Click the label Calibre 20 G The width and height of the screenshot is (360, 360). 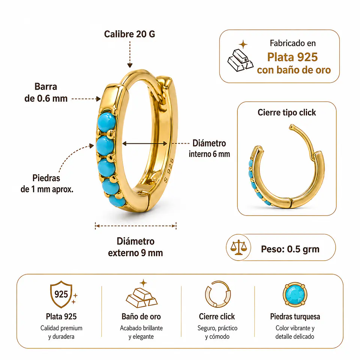(x=129, y=34)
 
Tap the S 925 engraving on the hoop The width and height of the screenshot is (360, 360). (x=169, y=170)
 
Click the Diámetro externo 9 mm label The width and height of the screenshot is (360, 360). (x=135, y=247)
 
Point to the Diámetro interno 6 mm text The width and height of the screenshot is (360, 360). (x=209, y=148)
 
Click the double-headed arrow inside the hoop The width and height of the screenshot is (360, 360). (x=145, y=144)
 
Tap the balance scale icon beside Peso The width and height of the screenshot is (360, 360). (x=238, y=247)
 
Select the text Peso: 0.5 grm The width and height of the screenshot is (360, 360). (x=290, y=249)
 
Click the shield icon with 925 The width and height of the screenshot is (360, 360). (x=61, y=294)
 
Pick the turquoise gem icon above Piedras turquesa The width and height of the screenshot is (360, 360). (x=295, y=295)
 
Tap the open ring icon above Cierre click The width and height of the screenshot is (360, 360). (x=217, y=294)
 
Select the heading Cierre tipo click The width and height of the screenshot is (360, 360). (x=287, y=112)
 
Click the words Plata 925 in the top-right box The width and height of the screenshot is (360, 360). (x=292, y=57)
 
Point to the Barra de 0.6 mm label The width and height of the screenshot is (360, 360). (x=46, y=93)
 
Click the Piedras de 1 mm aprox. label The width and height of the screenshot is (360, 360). (x=47, y=184)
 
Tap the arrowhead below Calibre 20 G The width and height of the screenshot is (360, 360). (x=130, y=65)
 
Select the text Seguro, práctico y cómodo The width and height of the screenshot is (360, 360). (x=217, y=332)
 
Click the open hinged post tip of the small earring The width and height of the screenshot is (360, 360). (x=292, y=127)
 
